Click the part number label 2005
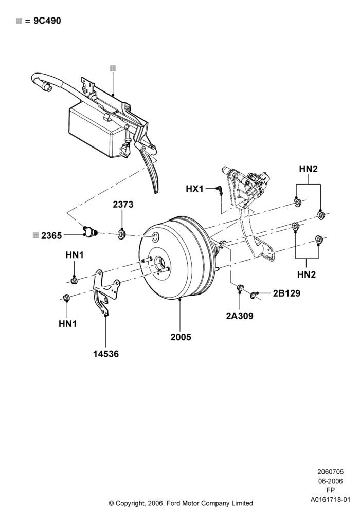pyautogui.click(x=181, y=337)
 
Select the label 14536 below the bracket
pyautogui.click(x=105, y=354)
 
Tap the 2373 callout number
pyautogui.click(x=123, y=204)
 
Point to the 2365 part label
pyautogui.click(x=51, y=235)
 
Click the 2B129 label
pyautogui.click(x=286, y=293)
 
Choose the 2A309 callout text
pyautogui.click(x=239, y=316)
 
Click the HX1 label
pyautogui.click(x=195, y=189)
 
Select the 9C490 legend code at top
pyautogui.click(x=47, y=21)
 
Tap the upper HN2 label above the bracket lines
pyautogui.click(x=308, y=169)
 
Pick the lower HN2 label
pyautogui.click(x=306, y=274)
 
